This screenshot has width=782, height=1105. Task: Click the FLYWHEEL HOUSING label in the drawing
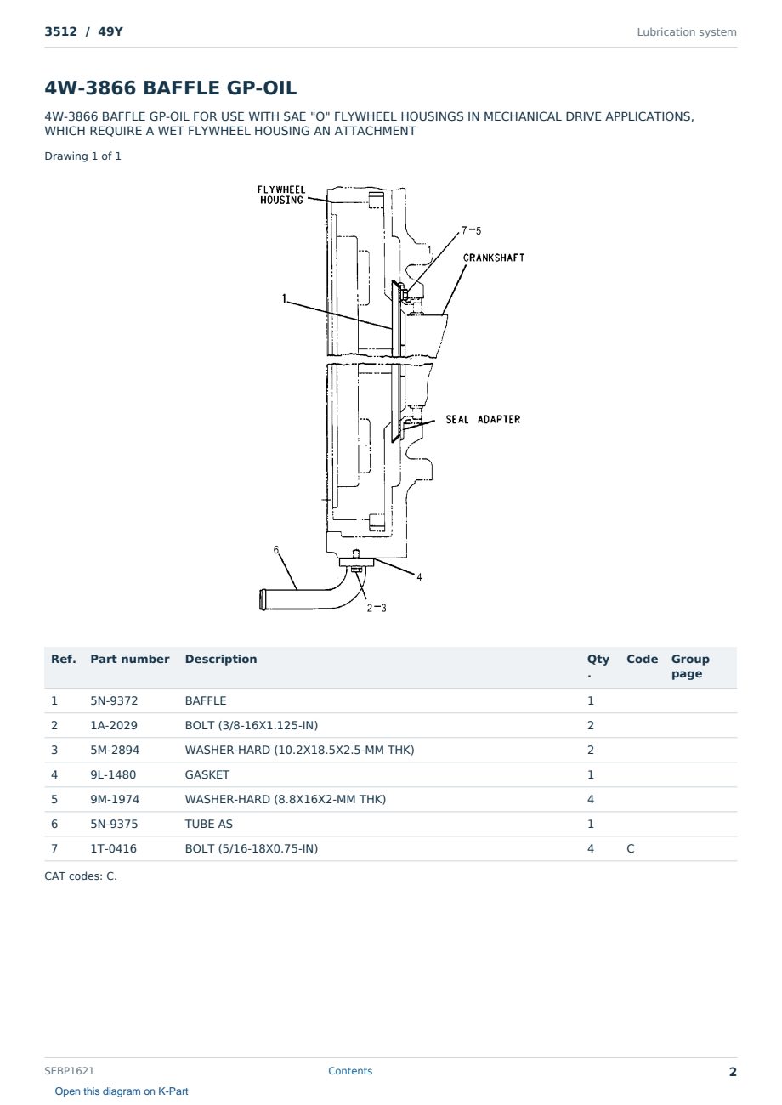tap(281, 195)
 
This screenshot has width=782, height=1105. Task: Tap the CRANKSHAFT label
tap(493, 258)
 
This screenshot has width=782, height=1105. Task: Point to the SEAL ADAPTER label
tap(483, 419)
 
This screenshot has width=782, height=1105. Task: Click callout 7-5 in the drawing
tap(471, 230)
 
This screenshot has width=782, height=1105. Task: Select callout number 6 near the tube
tap(276, 550)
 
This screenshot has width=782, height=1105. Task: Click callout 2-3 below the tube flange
tap(377, 608)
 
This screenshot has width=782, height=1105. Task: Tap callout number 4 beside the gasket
tap(419, 576)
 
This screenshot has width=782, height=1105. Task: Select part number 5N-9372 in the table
tap(114, 700)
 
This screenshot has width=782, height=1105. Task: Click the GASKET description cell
tap(207, 774)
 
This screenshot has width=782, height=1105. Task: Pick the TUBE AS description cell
tap(209, 824)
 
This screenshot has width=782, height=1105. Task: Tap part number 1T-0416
tap(114, 848)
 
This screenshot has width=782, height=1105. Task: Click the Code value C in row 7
tap(631, 848)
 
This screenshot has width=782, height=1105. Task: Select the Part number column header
tap(130, 659)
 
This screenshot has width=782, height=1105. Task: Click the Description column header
tap(221, 659)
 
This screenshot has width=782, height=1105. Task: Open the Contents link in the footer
tap(350, 1071)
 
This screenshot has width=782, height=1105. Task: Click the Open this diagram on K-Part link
tap(122, 1091)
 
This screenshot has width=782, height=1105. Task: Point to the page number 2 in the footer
tap(733, 1072)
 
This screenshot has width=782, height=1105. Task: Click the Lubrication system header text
tap(687, 32)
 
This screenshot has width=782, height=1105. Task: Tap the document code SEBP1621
tap(69, 1071)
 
